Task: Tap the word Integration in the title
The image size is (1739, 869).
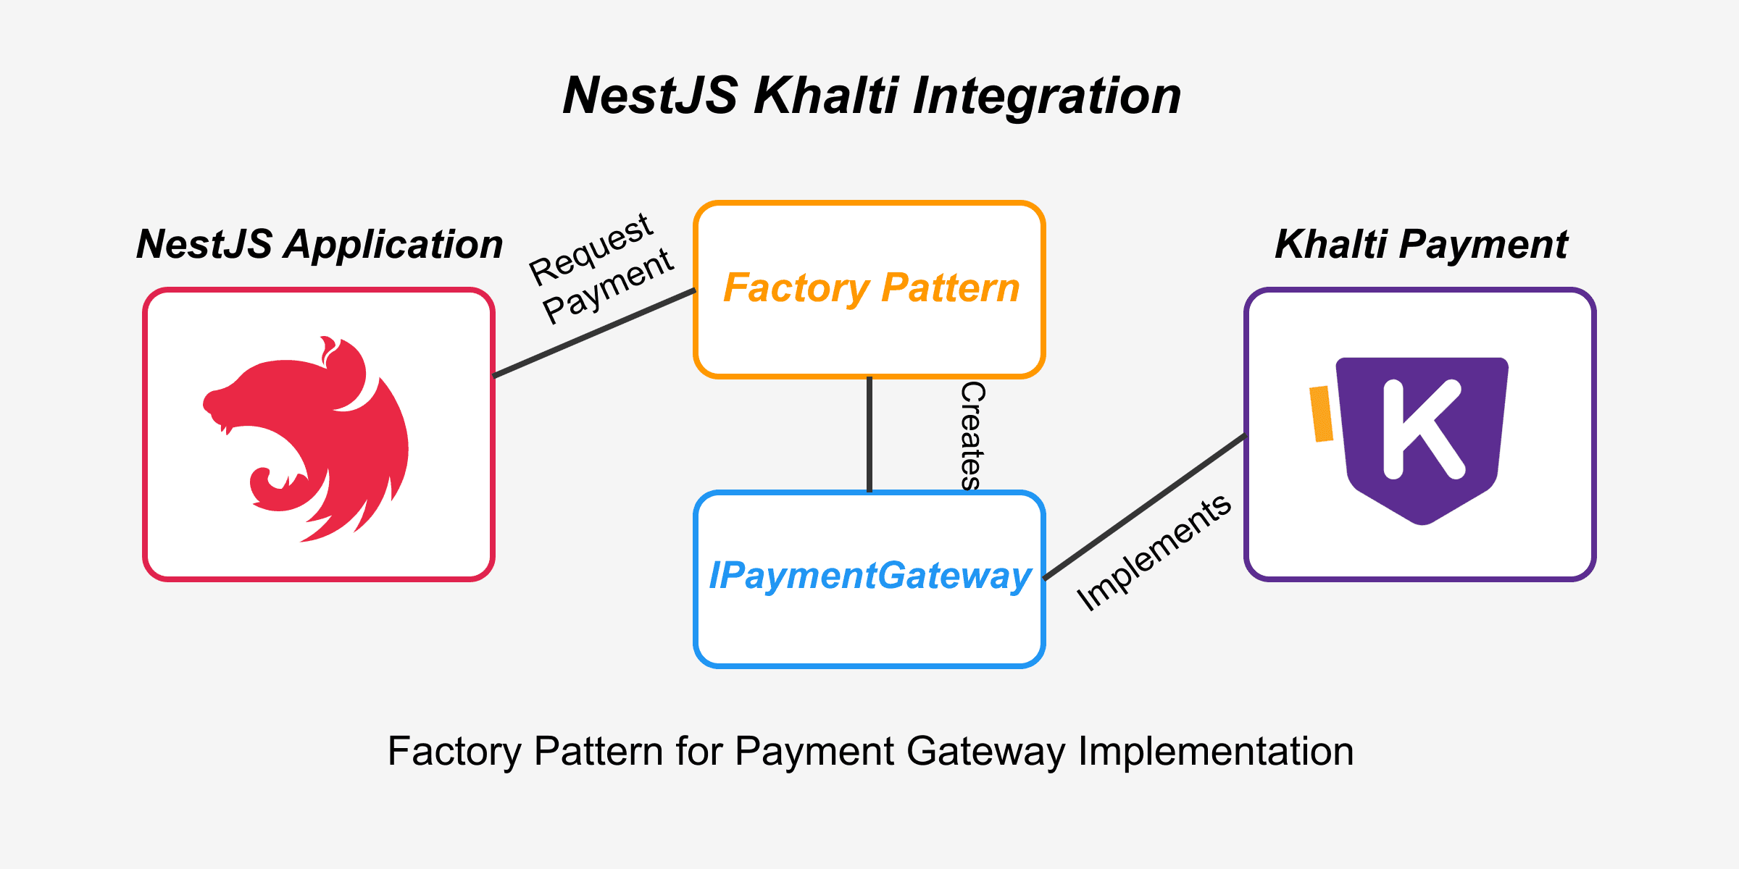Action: click(1046, 96)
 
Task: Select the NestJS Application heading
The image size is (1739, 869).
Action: click(320, 244)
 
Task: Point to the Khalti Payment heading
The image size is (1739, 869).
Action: click(1421, 244)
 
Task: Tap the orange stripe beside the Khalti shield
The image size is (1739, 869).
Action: click(1322, 413)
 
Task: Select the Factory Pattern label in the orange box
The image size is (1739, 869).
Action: click(872, 287)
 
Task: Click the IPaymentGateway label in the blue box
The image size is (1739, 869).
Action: click(869, 576)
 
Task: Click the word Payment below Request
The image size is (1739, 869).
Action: click(609, 286)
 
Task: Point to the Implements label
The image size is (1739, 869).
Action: click(1154, 552)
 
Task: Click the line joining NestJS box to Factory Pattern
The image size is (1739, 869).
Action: click(594, 333)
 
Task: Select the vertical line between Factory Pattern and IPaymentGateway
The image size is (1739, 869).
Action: click(869, 434)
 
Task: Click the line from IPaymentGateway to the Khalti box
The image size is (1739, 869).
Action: click(1145, 507)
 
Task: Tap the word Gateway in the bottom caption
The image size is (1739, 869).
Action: click(985, 751)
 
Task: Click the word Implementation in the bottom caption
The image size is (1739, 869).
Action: click(1216, 751)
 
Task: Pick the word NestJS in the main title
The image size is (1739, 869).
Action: click(651, 96)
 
